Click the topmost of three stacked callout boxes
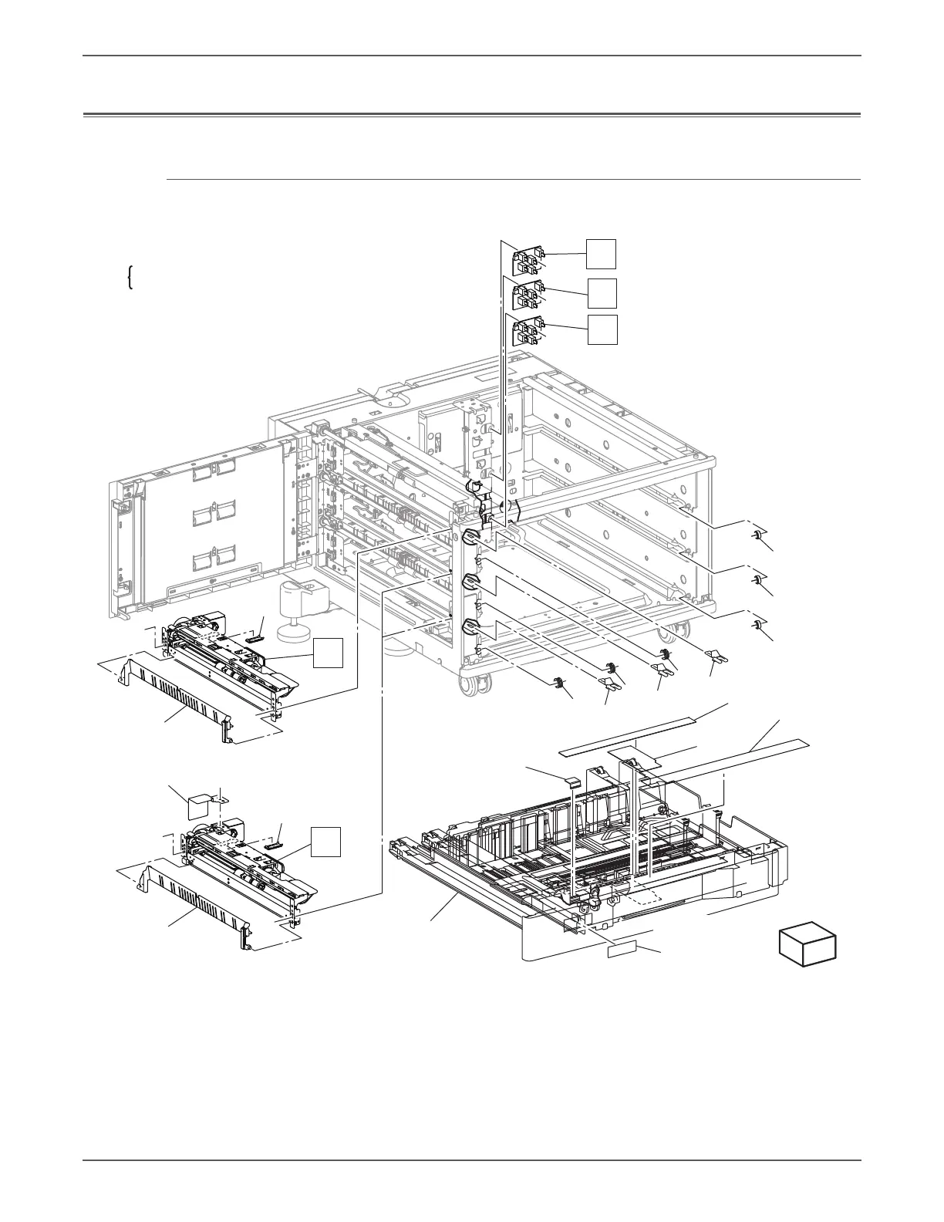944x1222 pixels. (x=602, y=254)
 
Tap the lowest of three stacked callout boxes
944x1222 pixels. (x=602, y=329)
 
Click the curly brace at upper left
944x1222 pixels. (x=130, y=277)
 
